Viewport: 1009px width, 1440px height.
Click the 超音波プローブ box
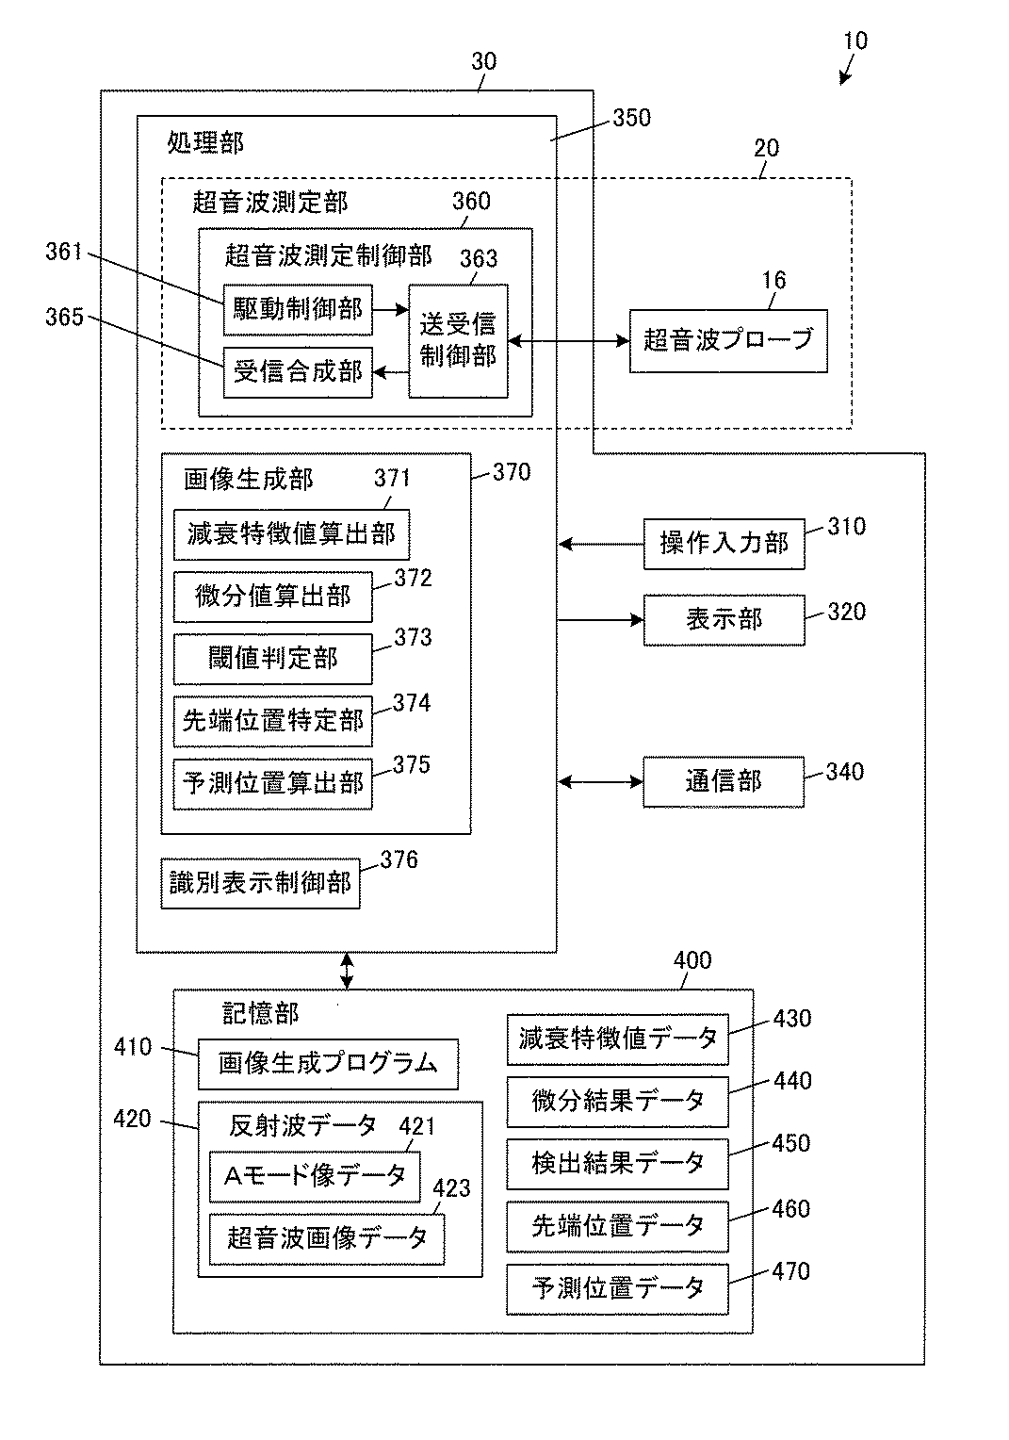pos(728,341)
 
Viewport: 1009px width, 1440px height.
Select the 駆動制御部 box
pos(298,309)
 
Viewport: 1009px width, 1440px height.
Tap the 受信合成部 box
pos(298,372)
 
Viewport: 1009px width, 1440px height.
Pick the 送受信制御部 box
pos(458,341)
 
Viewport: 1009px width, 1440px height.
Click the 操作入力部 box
pos(724,544)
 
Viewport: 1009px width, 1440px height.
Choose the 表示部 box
pos(724,620)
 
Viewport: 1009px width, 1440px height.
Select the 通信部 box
pos(724,781)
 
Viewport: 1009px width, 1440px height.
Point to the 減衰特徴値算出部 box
pos(291,534)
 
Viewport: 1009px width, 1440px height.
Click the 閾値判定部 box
pos(272,659)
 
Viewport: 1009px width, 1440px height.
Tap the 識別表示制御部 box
pos(260,883)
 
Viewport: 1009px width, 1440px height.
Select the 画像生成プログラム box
pos(328,1064)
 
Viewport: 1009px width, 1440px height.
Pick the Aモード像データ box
pos(315,1176)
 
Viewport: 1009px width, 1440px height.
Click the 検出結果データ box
pos(618,1164)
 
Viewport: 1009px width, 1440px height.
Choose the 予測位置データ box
pos(618,1289)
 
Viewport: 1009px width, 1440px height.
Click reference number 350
pos(632,118)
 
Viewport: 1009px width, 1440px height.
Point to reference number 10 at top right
pos(855,41)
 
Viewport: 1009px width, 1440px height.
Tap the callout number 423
pos(451,1188)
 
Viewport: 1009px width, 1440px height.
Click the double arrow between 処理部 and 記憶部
pos(347,971)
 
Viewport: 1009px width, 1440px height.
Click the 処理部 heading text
pos(205,142)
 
